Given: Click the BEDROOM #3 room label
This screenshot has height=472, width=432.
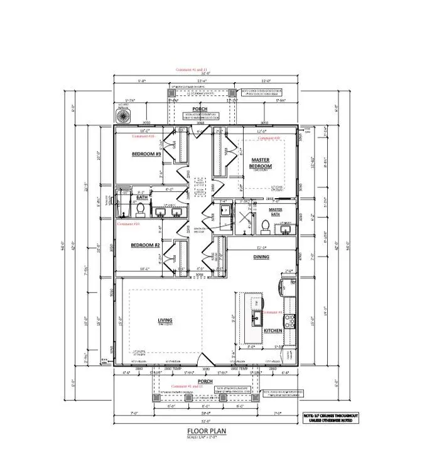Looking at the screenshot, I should click(x=146, y=154).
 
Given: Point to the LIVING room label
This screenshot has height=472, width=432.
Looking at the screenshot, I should click(x=165, y=321).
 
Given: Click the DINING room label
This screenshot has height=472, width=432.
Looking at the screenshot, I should click(x=261, y=258).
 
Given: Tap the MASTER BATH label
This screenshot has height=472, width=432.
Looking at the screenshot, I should click(x=276, y=212).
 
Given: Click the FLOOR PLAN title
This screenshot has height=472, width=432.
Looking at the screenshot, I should click(x=206, y=432).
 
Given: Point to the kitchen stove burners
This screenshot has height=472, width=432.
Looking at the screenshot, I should click(x=291, y=322).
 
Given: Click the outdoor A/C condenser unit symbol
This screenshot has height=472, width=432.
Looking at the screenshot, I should click(x=121, y=116).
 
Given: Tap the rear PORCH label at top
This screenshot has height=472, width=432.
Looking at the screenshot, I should click(x=200, y=109).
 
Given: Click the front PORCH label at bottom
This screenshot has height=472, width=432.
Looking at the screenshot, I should click(x=205, y=381).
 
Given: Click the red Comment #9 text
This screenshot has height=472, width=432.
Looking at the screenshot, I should click(x=272, y=312).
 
